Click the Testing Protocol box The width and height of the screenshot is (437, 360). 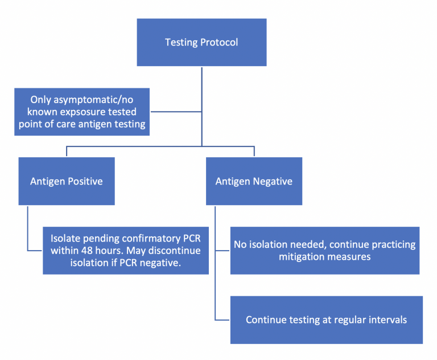pos(201,42)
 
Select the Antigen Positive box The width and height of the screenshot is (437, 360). pos(67,181)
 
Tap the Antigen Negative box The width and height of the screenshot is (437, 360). pos(254,181)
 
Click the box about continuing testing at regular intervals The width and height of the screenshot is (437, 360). pos(326,320)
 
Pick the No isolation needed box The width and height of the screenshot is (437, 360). pos(324,251)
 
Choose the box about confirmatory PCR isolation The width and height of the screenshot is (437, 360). pos(126,251)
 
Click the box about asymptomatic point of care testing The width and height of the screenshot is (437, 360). pos(82,111)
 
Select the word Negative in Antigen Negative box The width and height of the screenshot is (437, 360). pos(271,181)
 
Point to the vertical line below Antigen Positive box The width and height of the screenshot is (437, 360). pos(27,228)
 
